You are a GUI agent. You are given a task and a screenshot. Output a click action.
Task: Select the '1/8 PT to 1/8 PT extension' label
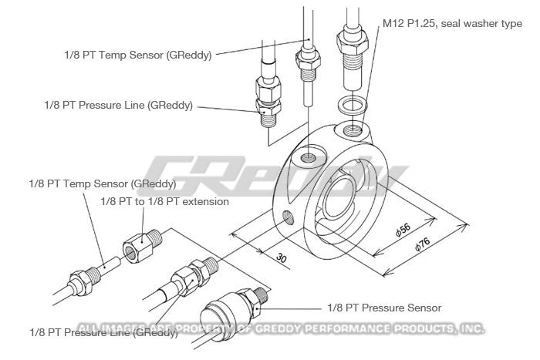coord(165,201)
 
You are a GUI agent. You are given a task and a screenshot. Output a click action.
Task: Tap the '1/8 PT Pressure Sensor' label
coord(385,307)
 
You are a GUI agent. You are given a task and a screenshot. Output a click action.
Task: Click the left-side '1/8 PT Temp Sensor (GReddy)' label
coord(103,184)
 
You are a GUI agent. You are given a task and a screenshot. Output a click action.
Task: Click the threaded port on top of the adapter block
coord(308,157)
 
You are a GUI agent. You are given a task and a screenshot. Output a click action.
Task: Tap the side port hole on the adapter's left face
coord(289,217)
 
